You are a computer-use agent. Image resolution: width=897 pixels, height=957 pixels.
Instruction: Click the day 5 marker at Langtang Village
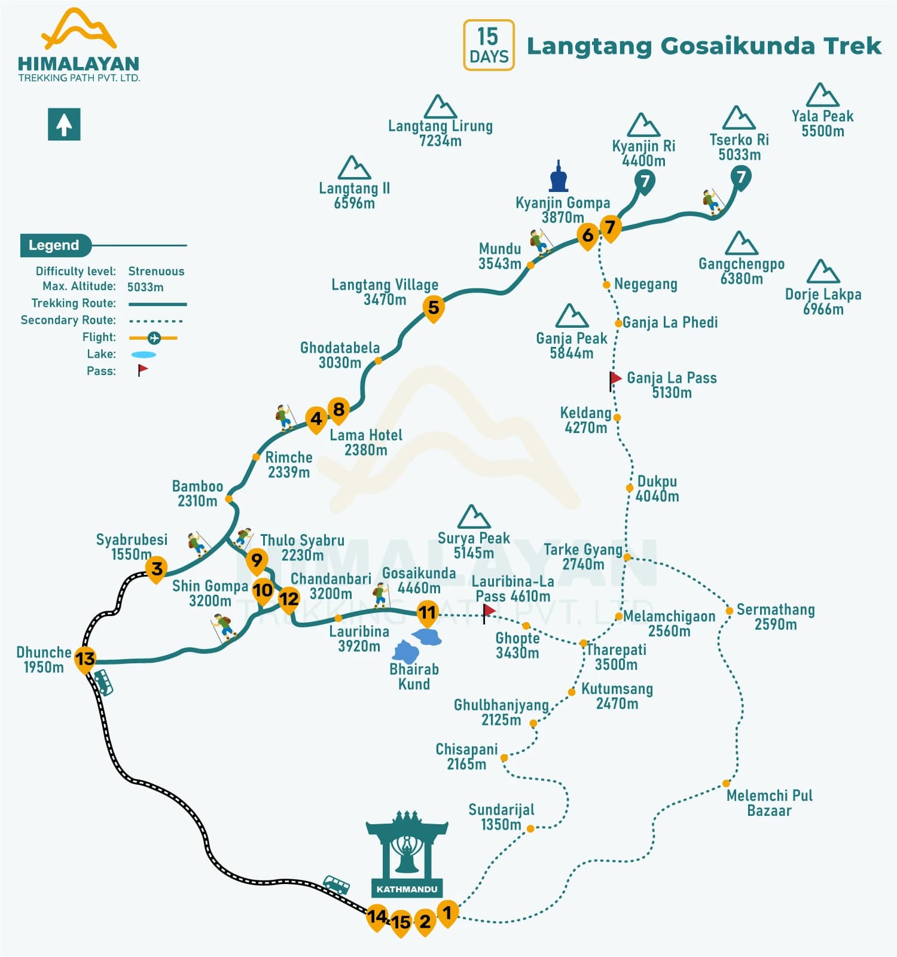434,307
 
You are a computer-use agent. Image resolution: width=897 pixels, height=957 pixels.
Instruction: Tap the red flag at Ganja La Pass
615,379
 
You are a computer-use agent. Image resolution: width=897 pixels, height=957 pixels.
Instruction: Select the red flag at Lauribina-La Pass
489,611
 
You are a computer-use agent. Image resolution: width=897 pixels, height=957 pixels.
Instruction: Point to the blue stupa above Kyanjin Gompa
559,177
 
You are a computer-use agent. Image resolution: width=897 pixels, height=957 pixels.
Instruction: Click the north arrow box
64,124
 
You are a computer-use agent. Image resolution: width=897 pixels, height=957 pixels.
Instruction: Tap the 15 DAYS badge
489,45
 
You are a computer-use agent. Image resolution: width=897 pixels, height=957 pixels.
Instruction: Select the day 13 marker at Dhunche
85,659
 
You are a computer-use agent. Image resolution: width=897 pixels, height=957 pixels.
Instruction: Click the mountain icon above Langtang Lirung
440,107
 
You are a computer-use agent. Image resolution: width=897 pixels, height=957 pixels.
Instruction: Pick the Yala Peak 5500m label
822,123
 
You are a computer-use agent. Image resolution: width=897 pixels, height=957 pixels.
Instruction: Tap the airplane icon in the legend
154,338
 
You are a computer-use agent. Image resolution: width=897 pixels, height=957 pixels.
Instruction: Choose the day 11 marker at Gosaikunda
427,612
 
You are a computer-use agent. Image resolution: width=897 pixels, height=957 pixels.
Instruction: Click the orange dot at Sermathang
729,611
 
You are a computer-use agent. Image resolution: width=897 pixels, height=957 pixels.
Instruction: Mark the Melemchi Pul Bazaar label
769,803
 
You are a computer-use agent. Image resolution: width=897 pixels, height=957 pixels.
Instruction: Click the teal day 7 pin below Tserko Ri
741,177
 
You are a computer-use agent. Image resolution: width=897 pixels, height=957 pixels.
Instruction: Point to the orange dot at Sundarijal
530,828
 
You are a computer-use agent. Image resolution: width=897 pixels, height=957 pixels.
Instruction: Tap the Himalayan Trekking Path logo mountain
78,29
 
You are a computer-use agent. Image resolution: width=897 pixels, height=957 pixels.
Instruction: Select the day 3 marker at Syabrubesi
157,568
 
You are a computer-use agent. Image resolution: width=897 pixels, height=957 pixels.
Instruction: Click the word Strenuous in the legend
156,271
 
